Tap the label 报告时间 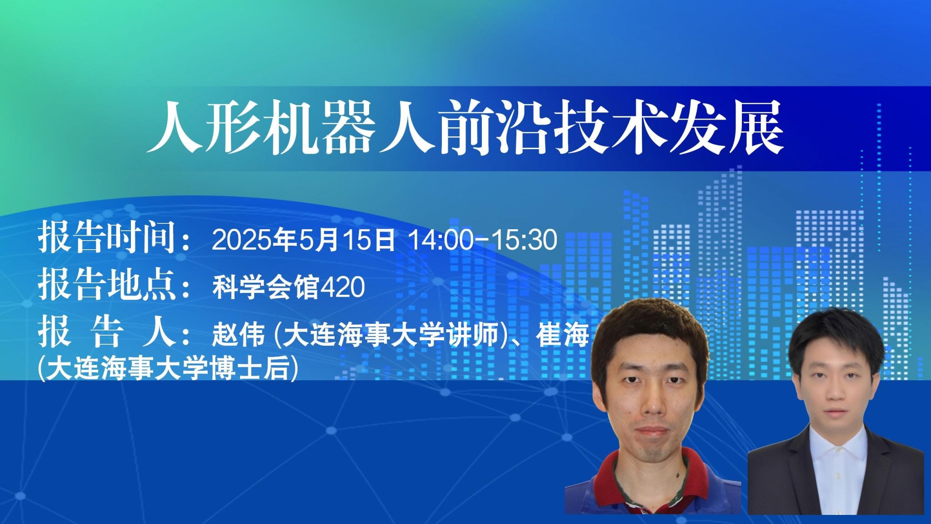point(107,237)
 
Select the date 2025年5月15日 point(303,240)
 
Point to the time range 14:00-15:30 point(483,240)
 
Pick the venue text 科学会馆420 point(289,287)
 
